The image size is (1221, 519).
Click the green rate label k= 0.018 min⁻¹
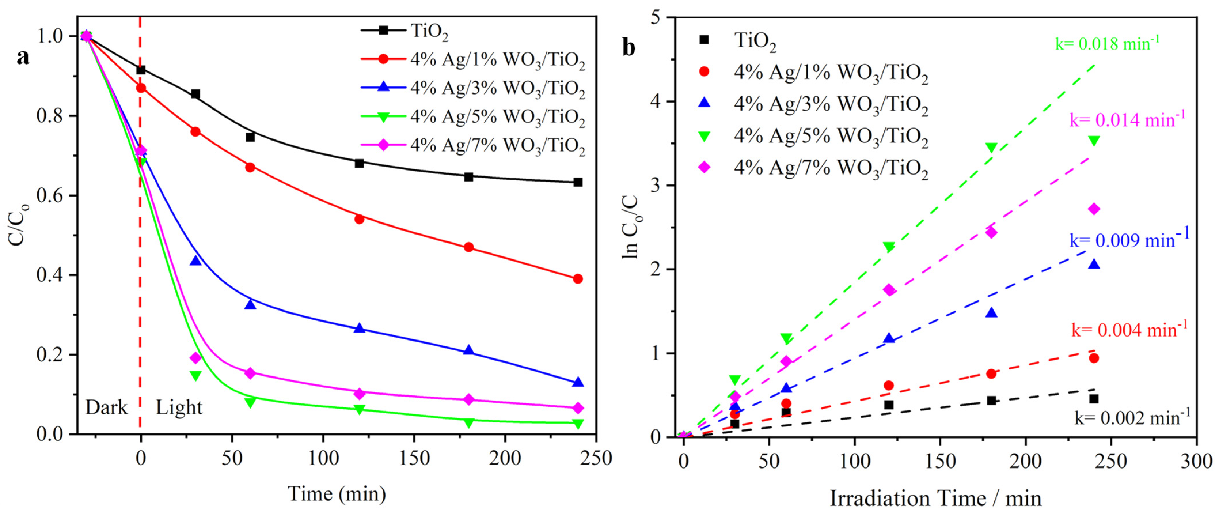coord(1107,44)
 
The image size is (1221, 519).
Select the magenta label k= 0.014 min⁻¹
coord(1127,120)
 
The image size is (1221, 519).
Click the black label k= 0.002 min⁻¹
coord(1132,418)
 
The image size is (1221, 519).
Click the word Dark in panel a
coord(106,407)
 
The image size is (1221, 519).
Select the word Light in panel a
coord(179,407)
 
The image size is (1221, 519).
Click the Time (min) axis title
coord(337,494)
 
